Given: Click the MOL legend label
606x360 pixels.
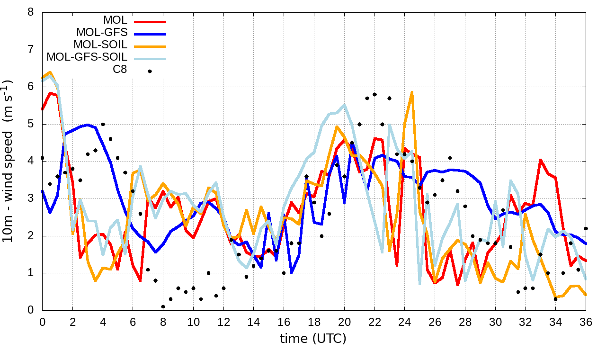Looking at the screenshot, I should (115, 20).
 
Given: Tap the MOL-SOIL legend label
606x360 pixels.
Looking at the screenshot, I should (100, 45).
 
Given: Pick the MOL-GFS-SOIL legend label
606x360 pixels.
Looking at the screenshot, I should (87, 57).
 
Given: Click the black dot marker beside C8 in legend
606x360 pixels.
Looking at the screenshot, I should (150, 71).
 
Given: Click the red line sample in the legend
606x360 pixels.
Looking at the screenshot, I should (150, 21).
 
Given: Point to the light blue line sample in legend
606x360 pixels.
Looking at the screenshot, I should (150, 58).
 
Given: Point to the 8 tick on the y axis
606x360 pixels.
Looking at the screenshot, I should (31, 12).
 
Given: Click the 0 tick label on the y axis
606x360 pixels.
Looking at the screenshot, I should (31, 310).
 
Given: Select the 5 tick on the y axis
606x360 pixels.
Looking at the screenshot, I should (31, 124).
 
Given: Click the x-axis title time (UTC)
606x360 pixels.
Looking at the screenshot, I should (313, 339).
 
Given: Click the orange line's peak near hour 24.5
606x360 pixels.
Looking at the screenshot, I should (412, 92).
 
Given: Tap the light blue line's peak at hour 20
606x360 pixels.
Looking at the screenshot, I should (344, 105).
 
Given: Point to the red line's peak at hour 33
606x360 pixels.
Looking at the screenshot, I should (541, 160).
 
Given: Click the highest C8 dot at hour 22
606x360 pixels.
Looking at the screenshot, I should (374, 94).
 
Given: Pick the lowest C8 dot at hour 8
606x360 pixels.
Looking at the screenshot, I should (163, 306).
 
